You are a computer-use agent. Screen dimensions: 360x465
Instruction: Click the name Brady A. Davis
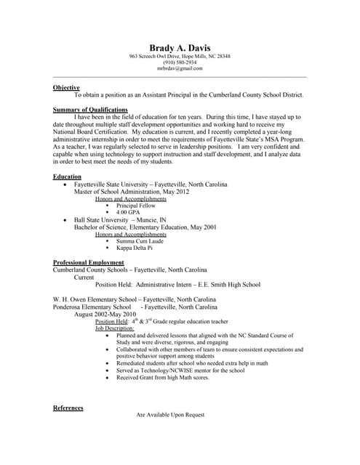pos(180,48)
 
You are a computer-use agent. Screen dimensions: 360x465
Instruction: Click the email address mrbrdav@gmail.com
pos(180,68)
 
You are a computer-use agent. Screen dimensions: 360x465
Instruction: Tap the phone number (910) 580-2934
pos(180,62)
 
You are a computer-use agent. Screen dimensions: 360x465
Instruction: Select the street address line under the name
pos(180,57)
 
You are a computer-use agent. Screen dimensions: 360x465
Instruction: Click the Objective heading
pos(66,88)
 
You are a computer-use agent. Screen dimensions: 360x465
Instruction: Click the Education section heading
pos(68,177)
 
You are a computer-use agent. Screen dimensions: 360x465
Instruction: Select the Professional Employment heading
pos(89,262)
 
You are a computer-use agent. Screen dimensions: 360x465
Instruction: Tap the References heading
pos(68,408)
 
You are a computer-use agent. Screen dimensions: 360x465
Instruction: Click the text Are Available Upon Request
pos(170,415)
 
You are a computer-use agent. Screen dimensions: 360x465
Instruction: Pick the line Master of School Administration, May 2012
pos(132,192)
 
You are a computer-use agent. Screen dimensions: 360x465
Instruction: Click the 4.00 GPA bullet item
pos(128,212)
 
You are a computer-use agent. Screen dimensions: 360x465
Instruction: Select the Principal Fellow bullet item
pos(136,206)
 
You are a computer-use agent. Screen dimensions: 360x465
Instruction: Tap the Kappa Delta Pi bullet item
pos(135,248)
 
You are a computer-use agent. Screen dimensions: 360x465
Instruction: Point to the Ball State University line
pos(120,219)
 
